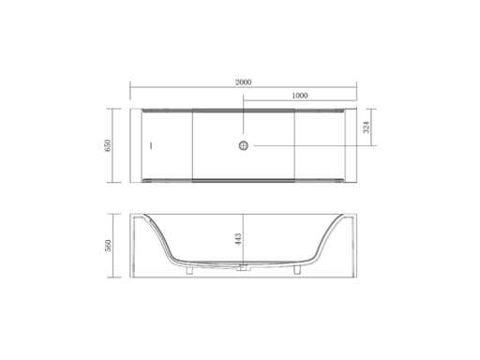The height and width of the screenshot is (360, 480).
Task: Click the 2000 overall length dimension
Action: [x=243, y=82]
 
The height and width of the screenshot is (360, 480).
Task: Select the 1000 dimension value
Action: [x=300, y=96]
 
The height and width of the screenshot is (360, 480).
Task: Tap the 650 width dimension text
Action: [x=107, y=145]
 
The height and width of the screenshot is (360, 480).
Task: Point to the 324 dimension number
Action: [x=367, y=127]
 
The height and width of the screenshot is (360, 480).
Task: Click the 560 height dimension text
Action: [x=107, y=246]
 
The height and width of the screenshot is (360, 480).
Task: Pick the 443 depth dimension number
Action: [x=238, y=239]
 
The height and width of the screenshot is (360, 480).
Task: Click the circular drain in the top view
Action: [x=244, y=145]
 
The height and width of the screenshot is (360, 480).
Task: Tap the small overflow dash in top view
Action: [x=151, y=145]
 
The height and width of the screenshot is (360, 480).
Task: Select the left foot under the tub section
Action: [x=189, y=270]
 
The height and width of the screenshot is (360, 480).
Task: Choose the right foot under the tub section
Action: [x=297, y=270]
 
